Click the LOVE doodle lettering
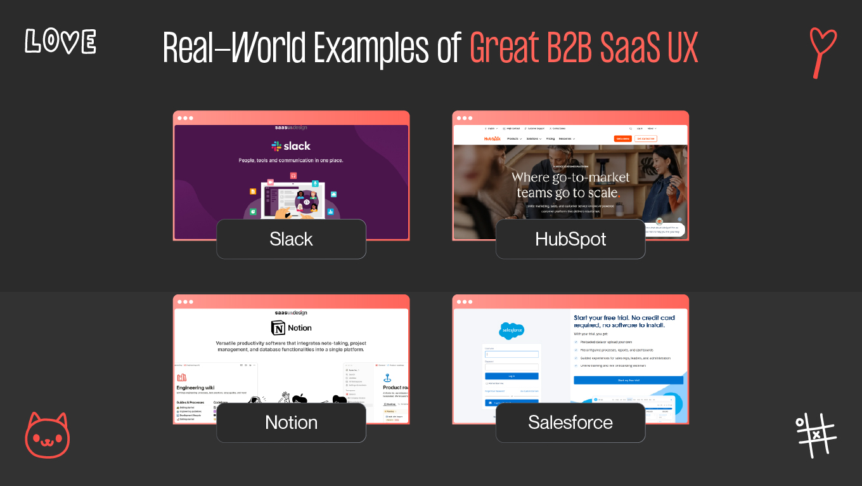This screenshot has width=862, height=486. [x=60, y=41]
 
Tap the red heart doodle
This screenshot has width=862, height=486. [x=823, y=51]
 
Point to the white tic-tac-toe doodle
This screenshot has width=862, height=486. [x=816, y=435]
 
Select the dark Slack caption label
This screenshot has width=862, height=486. [x=291, y=239]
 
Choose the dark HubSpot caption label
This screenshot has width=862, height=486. [x=570, y=239]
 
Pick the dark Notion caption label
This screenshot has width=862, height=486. [x=291, y=423]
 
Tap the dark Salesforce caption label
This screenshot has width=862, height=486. [x=570, y=423]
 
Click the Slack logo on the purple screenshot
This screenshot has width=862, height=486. [x=291, y=146]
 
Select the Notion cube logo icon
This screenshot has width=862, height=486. [x=278, y=328]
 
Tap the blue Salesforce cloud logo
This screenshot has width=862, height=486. [x=511, y=331]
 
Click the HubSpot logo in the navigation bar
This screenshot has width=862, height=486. [x=492, y=138]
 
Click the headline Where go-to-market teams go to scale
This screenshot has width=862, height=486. [x=570, y=185]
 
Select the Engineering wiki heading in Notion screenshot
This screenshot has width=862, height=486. [x=199, y=388]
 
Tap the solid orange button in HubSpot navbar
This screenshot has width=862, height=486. [x=622, y=138]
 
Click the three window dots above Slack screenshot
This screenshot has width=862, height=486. [x=185, y=118]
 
